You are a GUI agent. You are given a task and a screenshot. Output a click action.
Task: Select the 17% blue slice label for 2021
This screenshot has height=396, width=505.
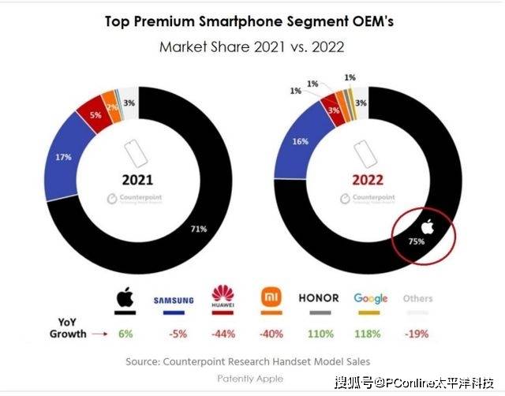[x=64, y=157]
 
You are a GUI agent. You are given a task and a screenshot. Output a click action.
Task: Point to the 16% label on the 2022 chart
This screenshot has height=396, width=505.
[x=300, y=141]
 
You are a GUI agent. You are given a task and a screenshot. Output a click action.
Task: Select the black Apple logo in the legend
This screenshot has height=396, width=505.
[x=123, y=298]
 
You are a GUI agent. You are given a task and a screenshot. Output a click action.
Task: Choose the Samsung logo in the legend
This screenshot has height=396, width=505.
[x=173, y=301]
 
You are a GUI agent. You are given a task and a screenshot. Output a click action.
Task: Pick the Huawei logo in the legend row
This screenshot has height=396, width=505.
[x=225, y=297]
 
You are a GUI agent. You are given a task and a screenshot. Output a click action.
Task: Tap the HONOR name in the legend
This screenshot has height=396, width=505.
[x=319, y=298]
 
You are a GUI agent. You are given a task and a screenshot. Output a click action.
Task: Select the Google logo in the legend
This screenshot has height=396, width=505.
[x=370, y=298]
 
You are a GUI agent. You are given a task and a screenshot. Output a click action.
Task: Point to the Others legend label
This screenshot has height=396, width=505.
[x=417, y=299]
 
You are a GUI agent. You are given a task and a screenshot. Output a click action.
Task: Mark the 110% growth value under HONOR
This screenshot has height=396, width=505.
[x=319, y=334]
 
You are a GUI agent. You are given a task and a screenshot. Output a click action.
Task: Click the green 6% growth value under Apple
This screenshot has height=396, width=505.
[x=125, y=334]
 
